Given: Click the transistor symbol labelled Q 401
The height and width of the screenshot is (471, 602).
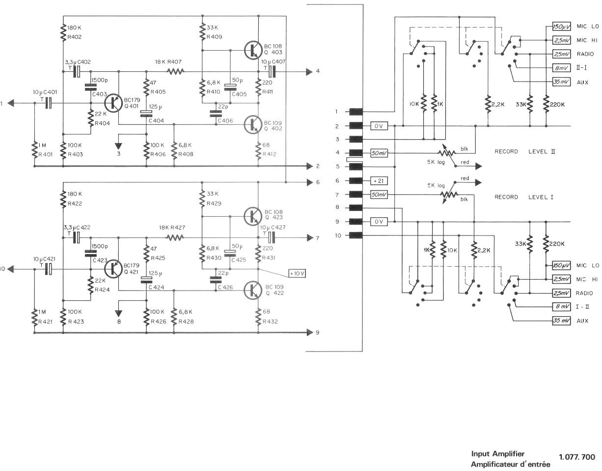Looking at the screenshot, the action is click(x=113, y=103).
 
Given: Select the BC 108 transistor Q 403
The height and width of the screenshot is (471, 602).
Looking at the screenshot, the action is click(x=253, y=50).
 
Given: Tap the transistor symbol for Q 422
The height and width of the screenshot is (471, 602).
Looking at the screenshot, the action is click(x=253, y=290).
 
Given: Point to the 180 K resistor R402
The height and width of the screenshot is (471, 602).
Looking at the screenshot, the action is click(x=63, y=33).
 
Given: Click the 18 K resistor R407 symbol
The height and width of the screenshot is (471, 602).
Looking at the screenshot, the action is click(x=176, y=72).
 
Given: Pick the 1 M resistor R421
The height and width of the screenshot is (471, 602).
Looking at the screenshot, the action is click(x=35, y=317).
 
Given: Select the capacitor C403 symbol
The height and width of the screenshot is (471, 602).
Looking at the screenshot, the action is click(x=90, y=87).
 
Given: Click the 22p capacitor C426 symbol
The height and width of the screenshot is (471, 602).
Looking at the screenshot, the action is click(x=216, y=280).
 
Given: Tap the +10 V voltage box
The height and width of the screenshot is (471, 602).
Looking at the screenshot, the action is click(x=297, y=273).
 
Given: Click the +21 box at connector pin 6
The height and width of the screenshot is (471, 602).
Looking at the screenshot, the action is click(x=379, y=181).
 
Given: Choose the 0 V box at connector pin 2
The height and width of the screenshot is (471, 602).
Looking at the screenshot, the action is click(x=379, y=126).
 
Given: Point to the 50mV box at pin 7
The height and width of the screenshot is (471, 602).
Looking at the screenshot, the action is click(x=379, y=194).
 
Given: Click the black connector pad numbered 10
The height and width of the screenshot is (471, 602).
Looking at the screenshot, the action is click(x=356, y=235).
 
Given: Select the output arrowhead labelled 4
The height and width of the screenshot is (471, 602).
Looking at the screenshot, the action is click(x=309, y=72).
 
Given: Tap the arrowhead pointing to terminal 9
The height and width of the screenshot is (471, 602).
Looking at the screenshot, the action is click(x=310, y=332).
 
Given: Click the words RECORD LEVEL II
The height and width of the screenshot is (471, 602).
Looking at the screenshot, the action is click(x=525, y=152).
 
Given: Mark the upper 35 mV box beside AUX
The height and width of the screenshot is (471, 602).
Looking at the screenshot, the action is click(x=561, y=82).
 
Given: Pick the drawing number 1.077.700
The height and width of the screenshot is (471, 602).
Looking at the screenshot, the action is click(x=577, y=457).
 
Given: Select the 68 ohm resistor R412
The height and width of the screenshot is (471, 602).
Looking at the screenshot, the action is click(x=258, y=151).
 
